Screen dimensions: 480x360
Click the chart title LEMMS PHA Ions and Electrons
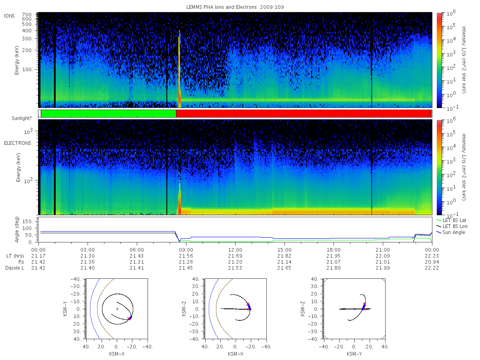[x=221, y=7]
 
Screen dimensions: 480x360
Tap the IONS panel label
[x=9, y=16]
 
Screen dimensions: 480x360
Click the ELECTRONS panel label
[x=18, y=143]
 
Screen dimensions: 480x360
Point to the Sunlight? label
[x=22, y=118]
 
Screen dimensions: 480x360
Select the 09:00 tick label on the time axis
[x=186, y=250]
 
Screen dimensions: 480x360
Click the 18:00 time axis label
[x=334, y=250]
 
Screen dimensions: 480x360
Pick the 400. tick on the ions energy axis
[x=28, y=31]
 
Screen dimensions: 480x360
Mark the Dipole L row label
[x=15, y=268]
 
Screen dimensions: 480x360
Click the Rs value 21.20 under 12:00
[x=235, y=262]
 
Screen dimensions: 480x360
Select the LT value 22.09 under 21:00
[x=383, y=256]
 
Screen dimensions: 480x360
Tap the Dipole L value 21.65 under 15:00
[x=284, y=268]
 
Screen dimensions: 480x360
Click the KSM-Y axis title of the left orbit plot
[x=65, y=308]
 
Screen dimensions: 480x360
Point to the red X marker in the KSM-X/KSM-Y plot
[x=129, y=318]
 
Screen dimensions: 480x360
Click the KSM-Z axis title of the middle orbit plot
[x=184, y=308]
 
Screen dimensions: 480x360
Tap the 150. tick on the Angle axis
[x=28, y=222]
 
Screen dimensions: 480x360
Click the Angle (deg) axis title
[x=17, y=230]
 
